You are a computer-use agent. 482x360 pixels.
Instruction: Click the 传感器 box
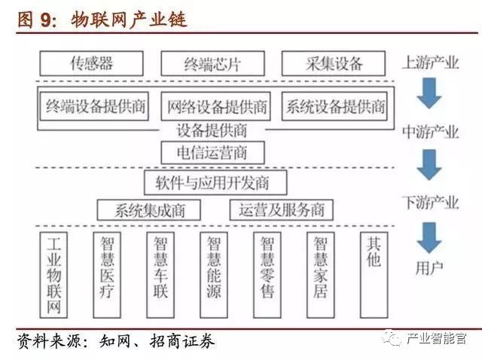(x=92, y=62)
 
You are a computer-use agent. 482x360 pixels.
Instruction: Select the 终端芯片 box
(x=213, y=63)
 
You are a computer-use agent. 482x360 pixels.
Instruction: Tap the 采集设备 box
(x=334, y=62)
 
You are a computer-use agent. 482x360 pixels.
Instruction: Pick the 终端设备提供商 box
(x=96, y=106)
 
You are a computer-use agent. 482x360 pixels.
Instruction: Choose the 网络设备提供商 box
(x=218, y=106)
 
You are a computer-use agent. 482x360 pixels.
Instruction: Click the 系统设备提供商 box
(x=335, y=106)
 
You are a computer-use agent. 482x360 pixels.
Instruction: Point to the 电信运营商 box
(x=213, y=151)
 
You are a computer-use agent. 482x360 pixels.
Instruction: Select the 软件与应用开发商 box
(x=213, y=182)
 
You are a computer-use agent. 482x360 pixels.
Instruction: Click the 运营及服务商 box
(x=281, y=209)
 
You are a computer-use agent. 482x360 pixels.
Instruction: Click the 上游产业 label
(x=430, y=62)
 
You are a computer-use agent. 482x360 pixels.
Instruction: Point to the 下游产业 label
(x=430, y=201)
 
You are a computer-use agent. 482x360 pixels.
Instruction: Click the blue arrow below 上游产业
(x=430, y=94)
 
